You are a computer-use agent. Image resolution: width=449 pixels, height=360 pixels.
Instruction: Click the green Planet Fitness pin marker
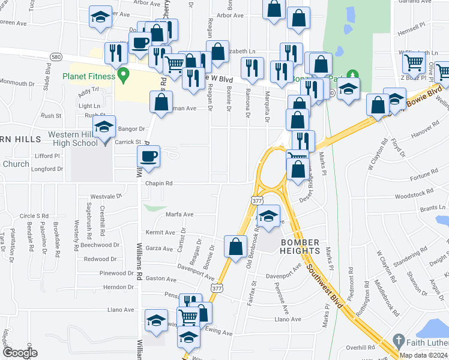pos(124,76)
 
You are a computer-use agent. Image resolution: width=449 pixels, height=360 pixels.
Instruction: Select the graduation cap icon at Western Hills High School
pos(104,127)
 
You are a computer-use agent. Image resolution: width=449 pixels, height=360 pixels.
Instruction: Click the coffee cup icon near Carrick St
pos(148,157)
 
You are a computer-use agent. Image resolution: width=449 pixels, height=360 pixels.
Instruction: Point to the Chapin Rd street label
pos(159,184)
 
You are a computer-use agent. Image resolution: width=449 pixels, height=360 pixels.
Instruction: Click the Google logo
pos(20,353)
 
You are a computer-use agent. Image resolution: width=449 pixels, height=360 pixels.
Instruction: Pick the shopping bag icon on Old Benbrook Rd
pos(236,246)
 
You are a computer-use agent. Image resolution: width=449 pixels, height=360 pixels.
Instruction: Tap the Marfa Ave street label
pos(179,214)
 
